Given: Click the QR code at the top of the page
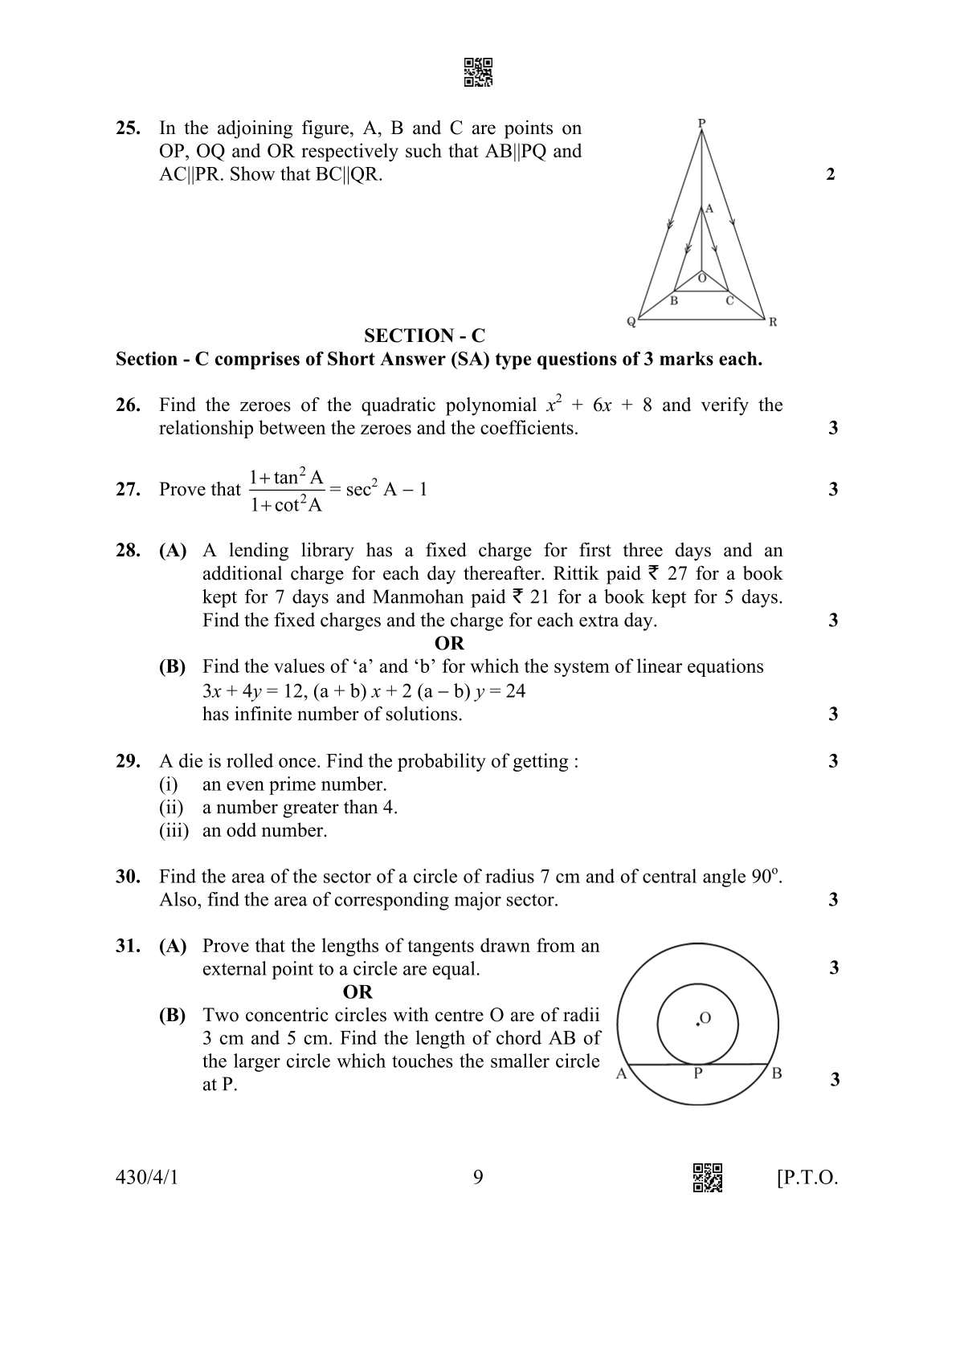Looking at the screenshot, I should (x=478, y=72).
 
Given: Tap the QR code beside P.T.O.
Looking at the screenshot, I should (x=707, y=1178).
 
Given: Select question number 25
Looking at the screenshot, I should (x=129, y=128).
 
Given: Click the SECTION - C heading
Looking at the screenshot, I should (x=424, y=336).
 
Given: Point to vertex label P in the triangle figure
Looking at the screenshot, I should (x=701, y=123).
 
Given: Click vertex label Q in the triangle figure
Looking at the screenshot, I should (x=631, y=322).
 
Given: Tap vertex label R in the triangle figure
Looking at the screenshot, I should (x=773, y=322).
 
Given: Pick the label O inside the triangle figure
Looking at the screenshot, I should (x=701, y=278).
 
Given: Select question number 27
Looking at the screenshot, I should (x=129, y=489).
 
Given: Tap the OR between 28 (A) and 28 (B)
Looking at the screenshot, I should (x=449, y=643).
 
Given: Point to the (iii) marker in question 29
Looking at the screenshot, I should (x=174, y=830).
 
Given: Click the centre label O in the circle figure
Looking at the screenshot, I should (x=705, y=1018).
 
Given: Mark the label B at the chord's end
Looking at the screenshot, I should (x=776, y=1073).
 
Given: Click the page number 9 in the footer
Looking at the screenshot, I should (x=478, y=1178).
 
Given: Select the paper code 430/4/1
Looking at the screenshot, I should (x=147, y=1178).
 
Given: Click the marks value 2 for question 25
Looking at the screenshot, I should (x=831, y=174).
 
